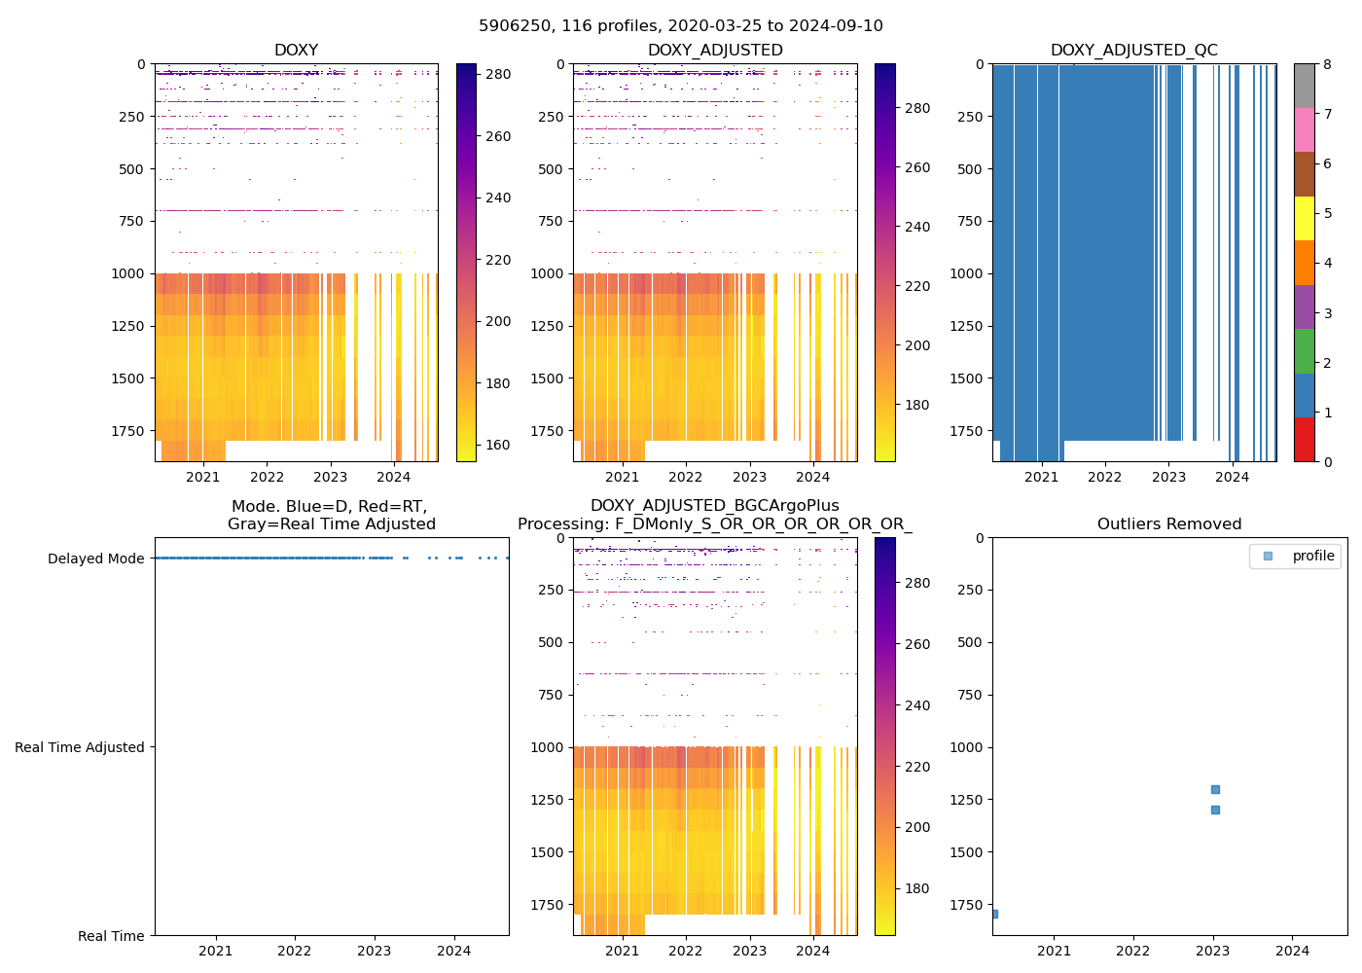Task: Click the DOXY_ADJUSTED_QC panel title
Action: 1133,51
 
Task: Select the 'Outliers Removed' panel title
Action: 1169,524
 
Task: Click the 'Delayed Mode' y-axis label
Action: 95,559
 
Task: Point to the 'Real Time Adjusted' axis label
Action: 80,747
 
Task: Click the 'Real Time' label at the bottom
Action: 111,936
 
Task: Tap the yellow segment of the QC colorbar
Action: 1305,218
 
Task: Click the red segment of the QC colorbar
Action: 1305,439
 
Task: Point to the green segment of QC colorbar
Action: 1305,350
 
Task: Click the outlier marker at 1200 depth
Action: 1215,789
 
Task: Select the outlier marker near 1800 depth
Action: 994,914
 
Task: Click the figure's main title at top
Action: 681,26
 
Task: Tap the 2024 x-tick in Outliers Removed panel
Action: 1293,951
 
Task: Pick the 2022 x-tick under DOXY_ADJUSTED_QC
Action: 1105,477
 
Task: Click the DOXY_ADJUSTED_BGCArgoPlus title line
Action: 714,506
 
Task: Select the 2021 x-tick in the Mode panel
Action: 216,951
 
